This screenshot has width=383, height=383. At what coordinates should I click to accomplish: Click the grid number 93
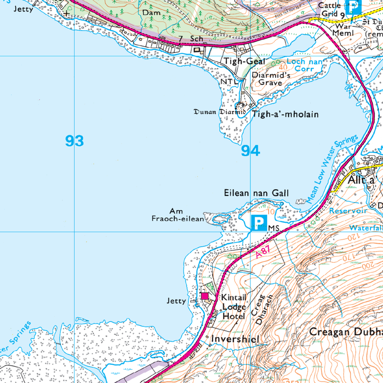point(75,141)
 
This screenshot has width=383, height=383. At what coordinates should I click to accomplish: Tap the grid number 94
point(250,151)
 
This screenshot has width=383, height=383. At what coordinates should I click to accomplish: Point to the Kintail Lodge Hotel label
point(233,307)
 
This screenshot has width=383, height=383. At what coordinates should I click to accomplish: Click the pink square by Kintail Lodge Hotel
point(205,296)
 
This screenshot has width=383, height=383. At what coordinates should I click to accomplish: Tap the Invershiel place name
point(235,339)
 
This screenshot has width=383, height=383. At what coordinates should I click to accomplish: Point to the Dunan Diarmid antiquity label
point(219,112)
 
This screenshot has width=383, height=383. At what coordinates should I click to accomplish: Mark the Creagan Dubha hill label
point(346,332)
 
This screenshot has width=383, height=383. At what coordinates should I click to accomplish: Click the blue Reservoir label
point(348,211)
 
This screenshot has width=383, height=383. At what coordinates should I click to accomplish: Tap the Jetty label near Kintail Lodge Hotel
point(176,301)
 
